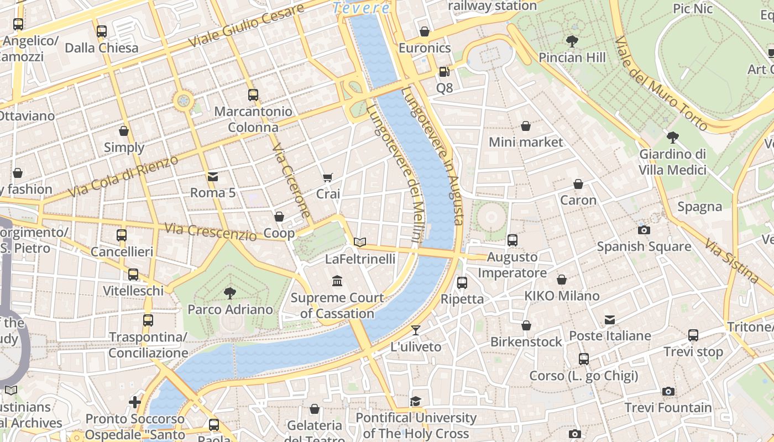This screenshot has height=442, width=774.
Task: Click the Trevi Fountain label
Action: pos(668,408)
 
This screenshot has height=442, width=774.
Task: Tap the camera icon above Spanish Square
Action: pos(644,230)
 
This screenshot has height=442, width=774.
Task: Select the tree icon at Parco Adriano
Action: pos(230,293)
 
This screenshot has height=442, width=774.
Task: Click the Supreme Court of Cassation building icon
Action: pos(337,281)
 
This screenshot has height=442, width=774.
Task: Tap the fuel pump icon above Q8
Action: pos(444,71)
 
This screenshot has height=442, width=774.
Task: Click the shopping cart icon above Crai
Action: pos(328,177)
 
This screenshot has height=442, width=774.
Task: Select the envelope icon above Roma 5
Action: pos(212,176)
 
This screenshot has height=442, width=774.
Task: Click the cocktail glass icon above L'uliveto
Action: pos(416,330)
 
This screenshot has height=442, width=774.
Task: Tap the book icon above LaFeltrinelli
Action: pos(360,242)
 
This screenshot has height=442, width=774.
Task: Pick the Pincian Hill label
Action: pos(572,57)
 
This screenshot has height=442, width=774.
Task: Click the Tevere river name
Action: pos(362,8)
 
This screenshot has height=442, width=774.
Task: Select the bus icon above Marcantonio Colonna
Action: pos(253,94)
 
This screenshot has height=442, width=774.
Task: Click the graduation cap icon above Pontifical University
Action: pos(416,401)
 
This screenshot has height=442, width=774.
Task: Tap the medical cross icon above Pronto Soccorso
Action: pos(134,402)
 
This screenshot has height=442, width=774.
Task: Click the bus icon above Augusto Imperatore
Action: pos(512,240)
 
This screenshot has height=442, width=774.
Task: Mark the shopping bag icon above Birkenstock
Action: pos(526,325)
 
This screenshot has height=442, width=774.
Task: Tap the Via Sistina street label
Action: pos(731,260)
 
